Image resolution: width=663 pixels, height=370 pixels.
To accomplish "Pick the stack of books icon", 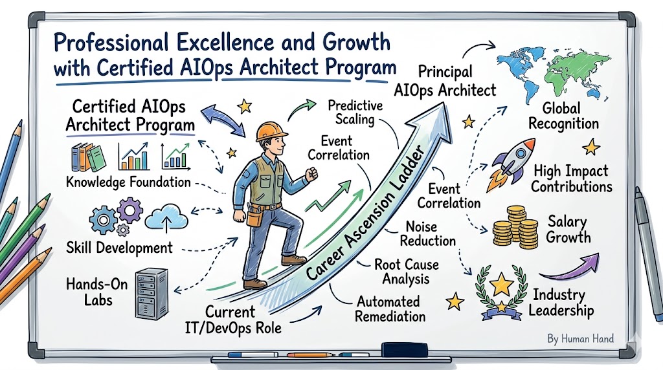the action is click(88, 157).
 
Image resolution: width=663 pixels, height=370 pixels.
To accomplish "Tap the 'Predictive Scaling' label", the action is click(355, 113).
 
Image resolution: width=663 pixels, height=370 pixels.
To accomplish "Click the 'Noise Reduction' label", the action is click(427, 234).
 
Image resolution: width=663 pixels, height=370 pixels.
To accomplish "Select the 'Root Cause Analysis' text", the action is click(407, 272).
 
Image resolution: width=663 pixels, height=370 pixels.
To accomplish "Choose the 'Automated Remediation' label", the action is click(390, 309).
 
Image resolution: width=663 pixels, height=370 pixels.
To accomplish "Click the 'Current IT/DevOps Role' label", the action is click(233, 320).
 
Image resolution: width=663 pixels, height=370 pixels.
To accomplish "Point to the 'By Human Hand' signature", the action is click(580, 338).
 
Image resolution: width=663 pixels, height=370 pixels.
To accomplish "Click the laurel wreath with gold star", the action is click(501, 291).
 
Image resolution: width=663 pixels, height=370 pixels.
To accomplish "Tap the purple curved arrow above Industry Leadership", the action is click(570, 267).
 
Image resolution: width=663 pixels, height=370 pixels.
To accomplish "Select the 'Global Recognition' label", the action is click(564, 116).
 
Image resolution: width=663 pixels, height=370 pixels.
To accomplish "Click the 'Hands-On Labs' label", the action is click(97, 292).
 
